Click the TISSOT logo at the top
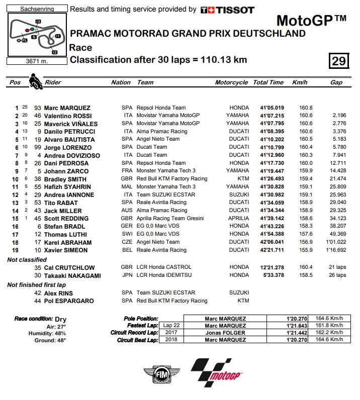point(227,10)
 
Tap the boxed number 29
point(338,61)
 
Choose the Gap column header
point(336,82)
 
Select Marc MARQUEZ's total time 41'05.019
point(272,108)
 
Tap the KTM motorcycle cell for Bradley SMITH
point(242,179)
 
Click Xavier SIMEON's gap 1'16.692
point(335,250)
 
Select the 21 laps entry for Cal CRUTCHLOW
point(335,267)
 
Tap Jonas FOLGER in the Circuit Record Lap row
point(225,333)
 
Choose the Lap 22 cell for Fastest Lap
point(171,326)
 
